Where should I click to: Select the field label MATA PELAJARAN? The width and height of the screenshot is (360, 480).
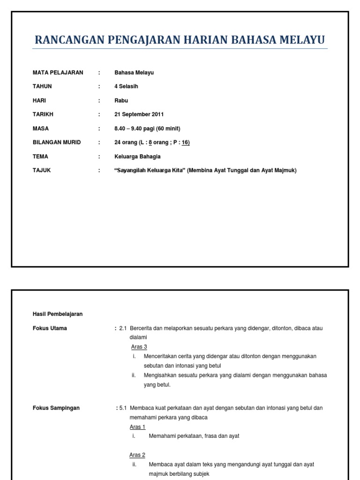pyautogui.click(x=58, y=73)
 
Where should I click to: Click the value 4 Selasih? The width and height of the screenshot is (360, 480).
pyautogui.click(x=127, y=87)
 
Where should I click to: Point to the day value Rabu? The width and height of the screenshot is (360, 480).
pyautogui.click(x=121, y=101)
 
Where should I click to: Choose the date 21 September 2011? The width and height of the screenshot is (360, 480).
pyautogui.click(x=139, y=115)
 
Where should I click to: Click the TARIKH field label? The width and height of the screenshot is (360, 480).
pyautogui.click(x=43, y=115)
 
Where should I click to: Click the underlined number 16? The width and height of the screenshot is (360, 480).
pyautogui.click(x=186, y=143)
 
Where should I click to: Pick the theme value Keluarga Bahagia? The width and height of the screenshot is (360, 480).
pyautogui.click(x=137, y=157)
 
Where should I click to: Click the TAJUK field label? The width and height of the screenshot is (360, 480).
pyautogui.click(x=42, y=171)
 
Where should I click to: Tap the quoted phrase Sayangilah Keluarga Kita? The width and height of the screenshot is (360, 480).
pyautogui.click(x=150, y=171)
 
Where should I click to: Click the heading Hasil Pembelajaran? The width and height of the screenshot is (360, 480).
pyautogui.click(x=58, y=314)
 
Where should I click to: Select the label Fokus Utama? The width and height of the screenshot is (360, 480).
pyautogui.click(x=50, y=328)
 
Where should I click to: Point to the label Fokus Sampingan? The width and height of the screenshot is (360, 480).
pyautogui.click(x=56, y=408)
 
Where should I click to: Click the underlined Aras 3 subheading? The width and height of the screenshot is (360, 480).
pyautogui.click(x=139, y=347)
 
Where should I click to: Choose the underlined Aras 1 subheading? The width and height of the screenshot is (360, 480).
pyautogui.click(x=138, y=427)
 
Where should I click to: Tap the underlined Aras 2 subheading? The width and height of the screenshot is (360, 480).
pyautogui.click(x=138, y=455)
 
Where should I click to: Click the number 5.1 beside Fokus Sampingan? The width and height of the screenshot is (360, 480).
pyautogui.click(x=123, y=408)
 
